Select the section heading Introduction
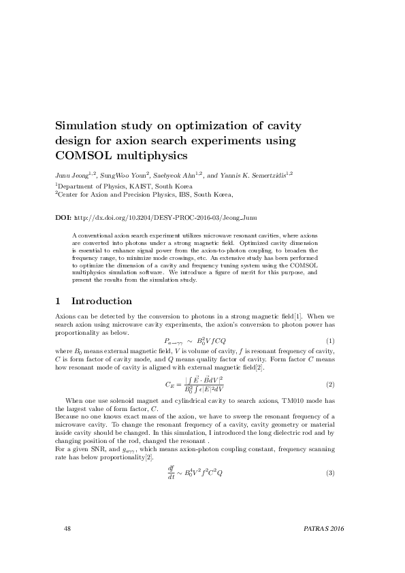point(101,301)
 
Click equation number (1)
point(331,340)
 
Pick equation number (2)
point(331,384)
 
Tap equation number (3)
point(331,473)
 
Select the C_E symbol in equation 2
point(170,384)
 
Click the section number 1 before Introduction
point(57,301)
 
